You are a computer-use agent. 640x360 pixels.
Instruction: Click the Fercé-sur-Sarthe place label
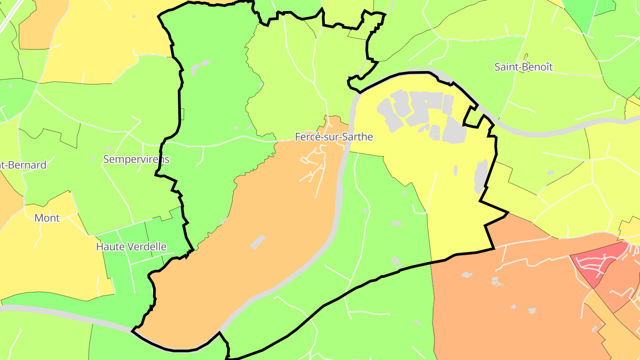click(x=334, y=137)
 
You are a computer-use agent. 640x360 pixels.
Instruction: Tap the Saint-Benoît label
click(x=524, y=67)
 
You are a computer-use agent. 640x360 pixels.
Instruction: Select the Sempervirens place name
click(x=136, y=159)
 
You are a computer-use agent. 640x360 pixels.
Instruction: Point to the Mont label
click(x=47, y=218)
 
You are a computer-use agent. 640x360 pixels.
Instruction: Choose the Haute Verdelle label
click(x=131, y=247)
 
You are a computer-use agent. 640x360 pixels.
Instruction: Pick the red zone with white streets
click(x=598, y=264)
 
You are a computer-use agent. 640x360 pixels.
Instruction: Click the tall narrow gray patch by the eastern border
click(x=480, y=176)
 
